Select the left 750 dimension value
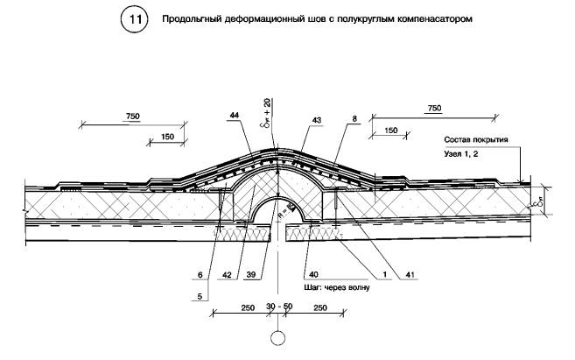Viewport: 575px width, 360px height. (133, 116)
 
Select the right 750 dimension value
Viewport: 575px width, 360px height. (432, 109)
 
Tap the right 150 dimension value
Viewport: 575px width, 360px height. (390, 131)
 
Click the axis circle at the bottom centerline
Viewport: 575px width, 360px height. (278, 338)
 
